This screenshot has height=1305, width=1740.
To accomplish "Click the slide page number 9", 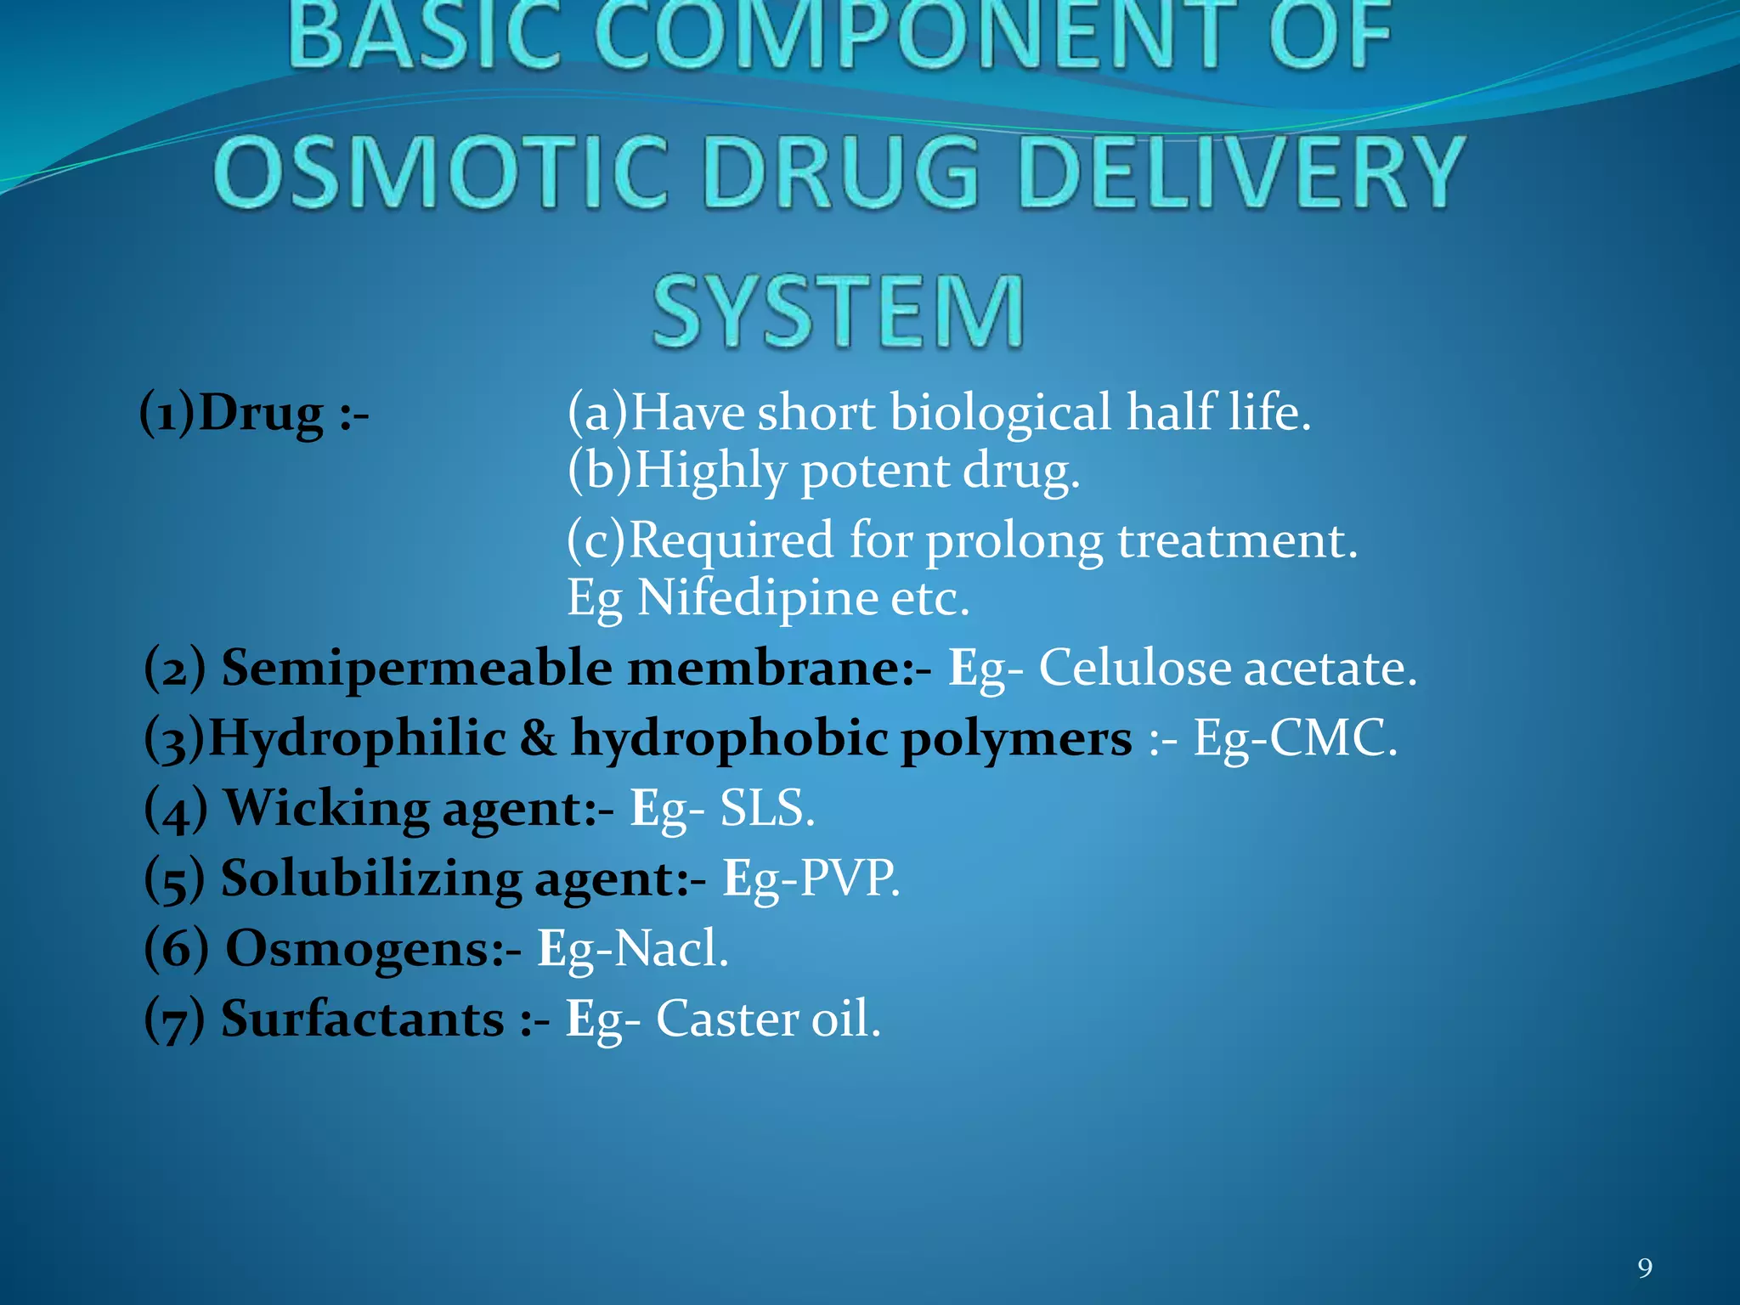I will pos(1645,1268).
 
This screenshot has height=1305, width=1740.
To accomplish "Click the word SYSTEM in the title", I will pos(839,312).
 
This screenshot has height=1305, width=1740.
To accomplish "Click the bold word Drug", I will pos(261,414).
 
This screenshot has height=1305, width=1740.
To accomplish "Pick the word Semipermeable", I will pos(416,668).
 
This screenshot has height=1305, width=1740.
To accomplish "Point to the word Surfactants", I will pos(363,1019).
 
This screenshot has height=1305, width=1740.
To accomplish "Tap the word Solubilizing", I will pos(371,878).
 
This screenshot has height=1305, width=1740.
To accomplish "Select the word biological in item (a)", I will pos(1000,414).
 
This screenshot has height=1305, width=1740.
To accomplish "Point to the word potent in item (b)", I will pos(874,472).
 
